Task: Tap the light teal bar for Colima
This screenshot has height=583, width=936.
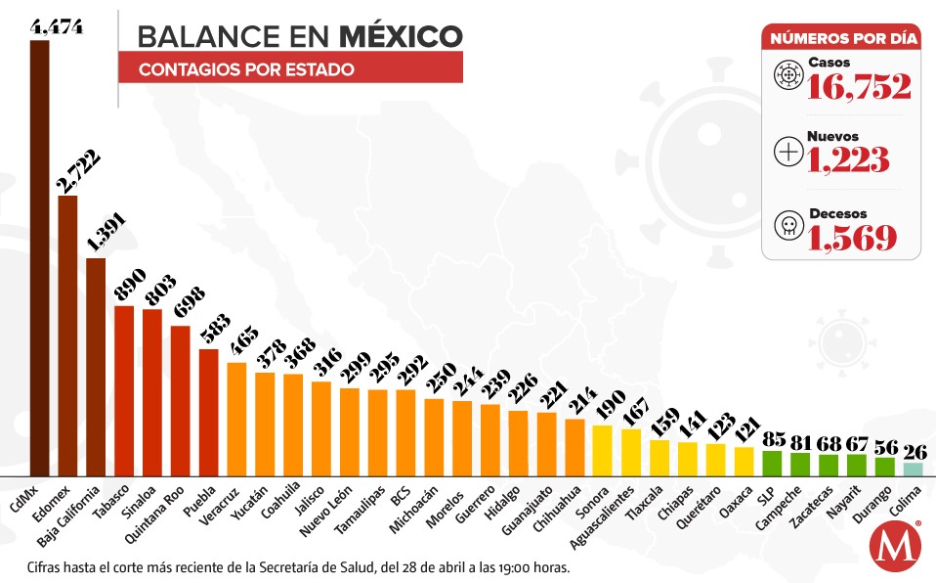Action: click(913, 469)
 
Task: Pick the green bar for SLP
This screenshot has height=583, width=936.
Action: click(772, 463)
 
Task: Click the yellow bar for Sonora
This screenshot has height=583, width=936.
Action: click(603, 450)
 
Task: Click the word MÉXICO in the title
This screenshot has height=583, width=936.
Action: click(401, 36)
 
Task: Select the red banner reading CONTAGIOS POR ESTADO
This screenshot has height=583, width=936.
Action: click(290, 69)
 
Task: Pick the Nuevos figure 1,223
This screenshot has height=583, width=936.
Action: click(847, 159)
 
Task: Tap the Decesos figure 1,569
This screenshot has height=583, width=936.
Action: click(852, 236)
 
